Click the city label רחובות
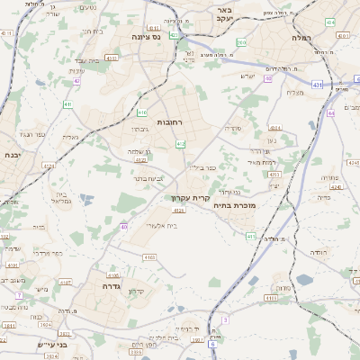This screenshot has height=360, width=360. pyautogui.click(x=170, y=121)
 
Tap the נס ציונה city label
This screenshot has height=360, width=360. pyautogui.click(x=144, y=37)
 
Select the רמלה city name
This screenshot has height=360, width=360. pyautogui.click(x=301, y=39)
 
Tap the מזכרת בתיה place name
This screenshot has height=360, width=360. pyautogui.click(x=232, y=205)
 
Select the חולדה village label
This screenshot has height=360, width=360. pyautogui.click(x=274, y=239)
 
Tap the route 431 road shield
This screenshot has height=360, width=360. pyautogui.click(x=318, y=85)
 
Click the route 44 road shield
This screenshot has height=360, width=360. pyautogui.click(x=330, y=113)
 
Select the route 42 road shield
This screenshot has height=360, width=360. pyautogui.click(x=77, y=81)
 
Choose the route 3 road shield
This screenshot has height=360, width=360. pyautogui.click(x=223, y=319)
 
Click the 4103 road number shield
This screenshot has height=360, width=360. pyautogui.click(x=149, y=256)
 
